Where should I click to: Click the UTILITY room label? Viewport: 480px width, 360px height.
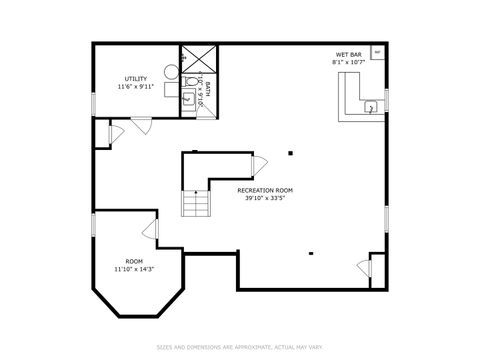tap(135, 78)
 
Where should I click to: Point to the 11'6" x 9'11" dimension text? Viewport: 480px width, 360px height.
tap(135, 88)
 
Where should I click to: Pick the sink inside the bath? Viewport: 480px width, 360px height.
tap(187, 98)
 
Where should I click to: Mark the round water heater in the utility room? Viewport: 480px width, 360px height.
tap(171, 72)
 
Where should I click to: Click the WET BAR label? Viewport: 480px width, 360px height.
tap(348, 55)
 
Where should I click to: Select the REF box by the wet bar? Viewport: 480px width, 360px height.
tap(377, 51)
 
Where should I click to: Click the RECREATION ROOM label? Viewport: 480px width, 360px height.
tap(265, 190)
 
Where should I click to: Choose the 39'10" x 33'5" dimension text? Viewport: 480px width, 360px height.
tap(265, 198)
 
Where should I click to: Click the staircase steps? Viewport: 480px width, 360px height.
tap(197, 204)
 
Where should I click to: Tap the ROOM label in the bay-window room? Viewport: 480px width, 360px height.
tap(133, 261)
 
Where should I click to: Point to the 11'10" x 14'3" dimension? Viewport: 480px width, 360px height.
tap(133, 269)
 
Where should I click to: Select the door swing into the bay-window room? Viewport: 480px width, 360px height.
tap(151, 232)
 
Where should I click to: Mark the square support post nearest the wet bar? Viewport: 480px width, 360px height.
tap(291, 153)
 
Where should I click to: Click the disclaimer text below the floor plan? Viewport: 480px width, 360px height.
tap(240, 347)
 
